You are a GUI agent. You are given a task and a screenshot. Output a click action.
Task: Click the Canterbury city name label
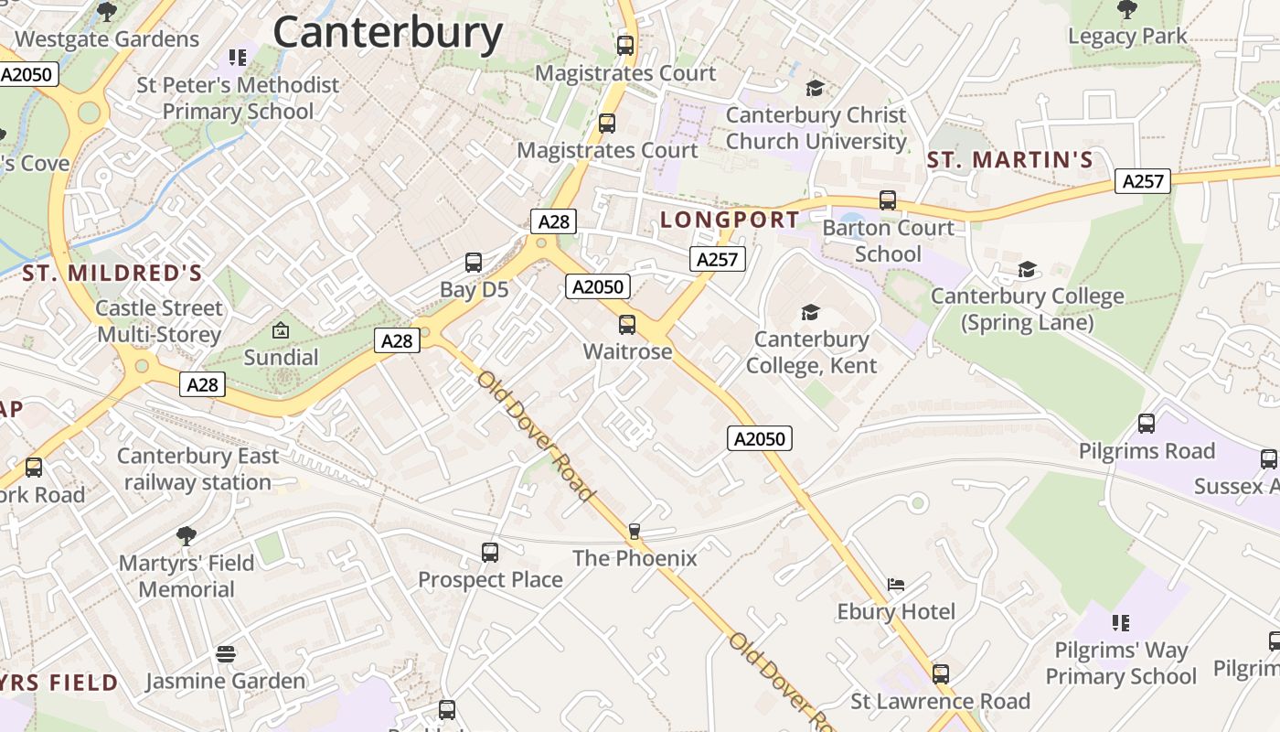388,33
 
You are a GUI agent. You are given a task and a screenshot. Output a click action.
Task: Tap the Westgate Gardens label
107,39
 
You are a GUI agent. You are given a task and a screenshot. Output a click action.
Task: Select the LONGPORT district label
730,220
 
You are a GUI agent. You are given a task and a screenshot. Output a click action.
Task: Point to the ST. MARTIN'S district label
1010,160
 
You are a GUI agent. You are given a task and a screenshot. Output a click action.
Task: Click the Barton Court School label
888,241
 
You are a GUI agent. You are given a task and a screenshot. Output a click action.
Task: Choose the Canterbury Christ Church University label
816,128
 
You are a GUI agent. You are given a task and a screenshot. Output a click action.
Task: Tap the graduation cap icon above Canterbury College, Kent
810,313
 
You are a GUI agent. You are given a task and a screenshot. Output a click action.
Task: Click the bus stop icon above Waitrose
627,325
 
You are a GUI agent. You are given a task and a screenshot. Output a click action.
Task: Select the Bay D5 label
474,290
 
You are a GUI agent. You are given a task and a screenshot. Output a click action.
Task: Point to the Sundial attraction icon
281,330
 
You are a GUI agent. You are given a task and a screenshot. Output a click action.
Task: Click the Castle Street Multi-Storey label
159,321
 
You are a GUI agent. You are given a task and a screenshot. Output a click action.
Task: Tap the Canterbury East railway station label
198,468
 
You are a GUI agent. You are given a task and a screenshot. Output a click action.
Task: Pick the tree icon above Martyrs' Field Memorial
187,535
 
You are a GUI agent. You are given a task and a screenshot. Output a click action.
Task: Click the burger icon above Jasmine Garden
226,654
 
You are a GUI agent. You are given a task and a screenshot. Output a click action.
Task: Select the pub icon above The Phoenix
635,532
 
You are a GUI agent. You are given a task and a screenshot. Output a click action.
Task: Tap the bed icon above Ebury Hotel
896,585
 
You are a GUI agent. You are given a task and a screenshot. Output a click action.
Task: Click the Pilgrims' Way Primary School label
1121,663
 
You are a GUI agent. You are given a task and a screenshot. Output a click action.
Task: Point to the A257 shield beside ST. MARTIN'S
1143,181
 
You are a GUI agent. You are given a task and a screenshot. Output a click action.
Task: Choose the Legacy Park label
1127,37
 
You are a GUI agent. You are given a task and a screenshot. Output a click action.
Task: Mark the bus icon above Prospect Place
490,553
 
